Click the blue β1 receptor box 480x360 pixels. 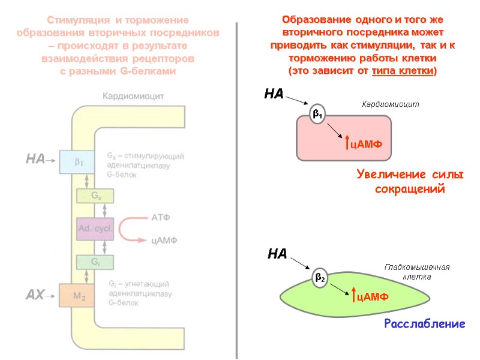[x=76, y=161]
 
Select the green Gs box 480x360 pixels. [x=95, y=196]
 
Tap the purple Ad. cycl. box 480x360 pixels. [x=95, y=229]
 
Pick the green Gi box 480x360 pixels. [x=95, y=262]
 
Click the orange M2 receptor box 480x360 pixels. [x=76, y=295]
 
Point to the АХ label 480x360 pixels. [x=34, y=295]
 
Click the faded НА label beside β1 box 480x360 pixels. [x=35, y=159]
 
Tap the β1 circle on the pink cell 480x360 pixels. [x=317, y=114]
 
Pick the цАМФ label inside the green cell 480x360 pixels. [x=372, y=296]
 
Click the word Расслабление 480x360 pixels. [x=424, y=324]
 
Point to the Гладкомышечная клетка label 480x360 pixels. [x=416, y=272]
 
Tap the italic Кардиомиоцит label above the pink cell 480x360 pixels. [x=390, y=104]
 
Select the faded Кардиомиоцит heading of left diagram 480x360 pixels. [x=133, y=95]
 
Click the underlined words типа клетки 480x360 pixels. [x=404, y=71]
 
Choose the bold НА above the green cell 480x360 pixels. [x=277, y=254]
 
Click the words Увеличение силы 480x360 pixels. [x=410, y=175]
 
